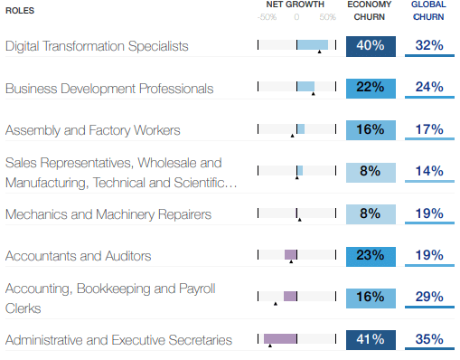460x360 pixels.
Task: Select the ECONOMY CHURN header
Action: [371, 10]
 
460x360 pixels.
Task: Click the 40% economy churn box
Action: [371, 45]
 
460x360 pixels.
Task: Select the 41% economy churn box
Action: [371, 340]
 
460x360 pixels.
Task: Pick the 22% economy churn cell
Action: [371, 88]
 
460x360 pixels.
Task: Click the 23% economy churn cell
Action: [371, 256]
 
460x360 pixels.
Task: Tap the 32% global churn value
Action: [429, 45]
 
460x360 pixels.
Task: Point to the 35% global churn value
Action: [429, 340]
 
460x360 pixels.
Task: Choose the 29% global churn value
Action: [429, 298]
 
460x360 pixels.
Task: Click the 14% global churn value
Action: [429, 171]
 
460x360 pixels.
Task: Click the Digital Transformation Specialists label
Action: [109, 46]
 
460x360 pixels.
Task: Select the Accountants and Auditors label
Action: [78, 256]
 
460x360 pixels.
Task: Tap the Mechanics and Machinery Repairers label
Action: [108, 214]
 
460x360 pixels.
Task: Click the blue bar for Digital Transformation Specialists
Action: [313, 44]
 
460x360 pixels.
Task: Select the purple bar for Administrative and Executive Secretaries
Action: [280, 339]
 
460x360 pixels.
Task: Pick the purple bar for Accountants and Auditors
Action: [290, 255]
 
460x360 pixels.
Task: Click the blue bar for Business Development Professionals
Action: [305, 87]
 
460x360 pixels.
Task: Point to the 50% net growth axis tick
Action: [327, 17]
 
